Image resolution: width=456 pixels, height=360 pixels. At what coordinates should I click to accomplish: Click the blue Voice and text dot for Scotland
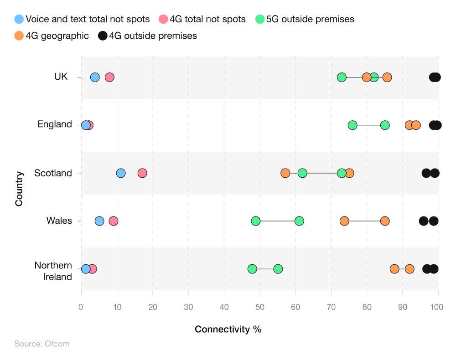click(121, 173)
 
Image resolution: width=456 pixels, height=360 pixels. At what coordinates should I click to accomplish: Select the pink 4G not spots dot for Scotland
click(142, 173)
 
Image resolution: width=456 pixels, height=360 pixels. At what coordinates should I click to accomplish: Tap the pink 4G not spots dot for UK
click(109, 77)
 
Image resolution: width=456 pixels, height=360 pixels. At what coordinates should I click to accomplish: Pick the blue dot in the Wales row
click(99, 221)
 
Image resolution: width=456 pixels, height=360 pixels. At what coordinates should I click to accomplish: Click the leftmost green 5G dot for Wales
click(256, 221)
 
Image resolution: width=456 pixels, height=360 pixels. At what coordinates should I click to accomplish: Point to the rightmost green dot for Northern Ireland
click(278, 269)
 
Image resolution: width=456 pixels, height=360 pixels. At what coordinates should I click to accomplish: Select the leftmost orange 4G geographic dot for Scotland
click(285, 173)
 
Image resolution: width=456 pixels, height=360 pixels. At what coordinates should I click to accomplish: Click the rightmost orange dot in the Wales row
click(385, 221)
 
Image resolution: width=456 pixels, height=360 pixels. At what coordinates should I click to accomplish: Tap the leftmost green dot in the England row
click(352, 125)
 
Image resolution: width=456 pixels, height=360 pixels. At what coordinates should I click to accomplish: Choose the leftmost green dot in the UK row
click(342, 77)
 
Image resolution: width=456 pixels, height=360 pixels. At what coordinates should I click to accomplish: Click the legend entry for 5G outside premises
click(305, 19)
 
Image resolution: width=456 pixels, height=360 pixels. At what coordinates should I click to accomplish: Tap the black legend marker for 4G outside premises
click(102, 36)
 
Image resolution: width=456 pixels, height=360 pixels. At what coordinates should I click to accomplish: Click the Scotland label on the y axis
click(53, 173)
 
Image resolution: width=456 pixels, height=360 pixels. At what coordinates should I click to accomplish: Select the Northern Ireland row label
click(53, 271)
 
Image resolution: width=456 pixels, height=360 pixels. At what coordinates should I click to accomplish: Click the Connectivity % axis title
click(228, 329)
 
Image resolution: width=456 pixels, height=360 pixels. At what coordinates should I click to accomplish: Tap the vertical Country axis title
click(19, 189)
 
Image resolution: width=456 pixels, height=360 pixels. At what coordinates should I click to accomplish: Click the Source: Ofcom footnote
click(41, 344)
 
